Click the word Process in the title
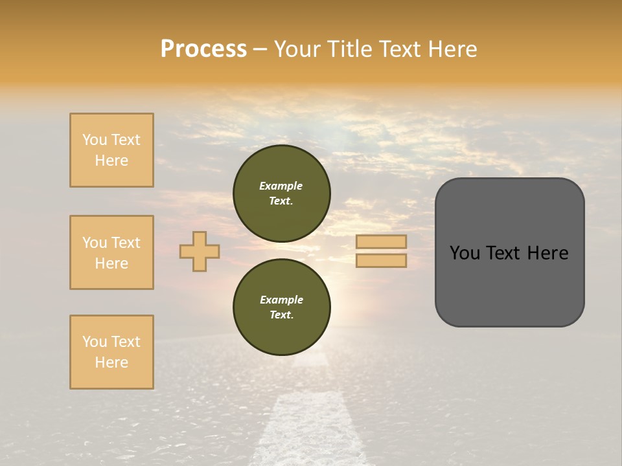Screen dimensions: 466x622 pos(203,49)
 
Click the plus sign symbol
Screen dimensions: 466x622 pos(200,251)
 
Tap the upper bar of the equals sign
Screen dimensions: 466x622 pos(381,241)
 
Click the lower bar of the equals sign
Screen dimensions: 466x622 pos(381,260)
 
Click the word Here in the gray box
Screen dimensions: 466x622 pos(547,253)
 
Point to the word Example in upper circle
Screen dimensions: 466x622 pos(281,186)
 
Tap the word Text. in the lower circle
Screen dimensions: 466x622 pos(281,315)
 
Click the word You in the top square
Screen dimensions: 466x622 pos(95,140)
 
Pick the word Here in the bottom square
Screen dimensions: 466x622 pos(111,362)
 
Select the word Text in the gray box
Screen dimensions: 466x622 pos(505,253)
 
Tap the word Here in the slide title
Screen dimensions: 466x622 pos(451,49)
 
